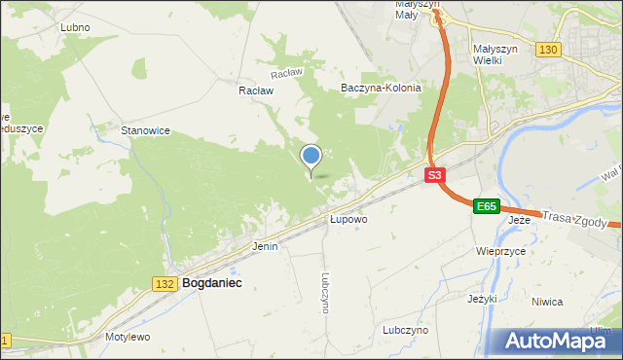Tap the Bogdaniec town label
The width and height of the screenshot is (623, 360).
pos(211,283)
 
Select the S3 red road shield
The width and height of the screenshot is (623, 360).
pos(435,176)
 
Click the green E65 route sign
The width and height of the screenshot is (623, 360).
pos(487,206)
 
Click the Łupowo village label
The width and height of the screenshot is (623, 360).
pos(348,220)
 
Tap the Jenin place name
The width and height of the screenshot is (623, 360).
pos(265,246)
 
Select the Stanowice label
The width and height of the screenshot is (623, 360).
pos(145,130)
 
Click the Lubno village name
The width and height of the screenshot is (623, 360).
pos(75,27)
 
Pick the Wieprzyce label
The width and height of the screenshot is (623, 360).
pos(500,251)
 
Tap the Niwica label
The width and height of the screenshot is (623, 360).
pos(547,302)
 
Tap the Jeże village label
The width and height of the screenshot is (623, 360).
pos(520,220)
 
